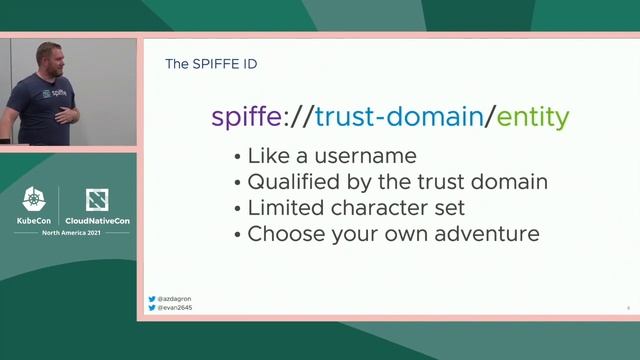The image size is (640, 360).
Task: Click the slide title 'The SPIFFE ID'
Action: click(x=210, y=64)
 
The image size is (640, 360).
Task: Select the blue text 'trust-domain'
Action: click(x=399, y=116)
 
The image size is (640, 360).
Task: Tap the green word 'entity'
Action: click(x=533, y=116)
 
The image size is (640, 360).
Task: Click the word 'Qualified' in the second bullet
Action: click(x=296, y=182)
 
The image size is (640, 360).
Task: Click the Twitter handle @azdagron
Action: click(x=176, y=299)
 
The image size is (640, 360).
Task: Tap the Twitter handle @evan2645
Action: click(x=176, y=308)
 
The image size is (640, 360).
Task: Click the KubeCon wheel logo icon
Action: click(x=35, y=199)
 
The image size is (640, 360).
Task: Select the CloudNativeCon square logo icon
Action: click(x=97, y=199)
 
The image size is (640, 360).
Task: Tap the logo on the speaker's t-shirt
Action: click(x=59, y=94)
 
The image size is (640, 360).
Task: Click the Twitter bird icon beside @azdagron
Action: click(x=152, y=299)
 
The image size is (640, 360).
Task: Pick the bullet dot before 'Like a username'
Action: click(x=237, y=157)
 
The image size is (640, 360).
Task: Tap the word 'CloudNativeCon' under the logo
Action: click(x=97, y=220)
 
